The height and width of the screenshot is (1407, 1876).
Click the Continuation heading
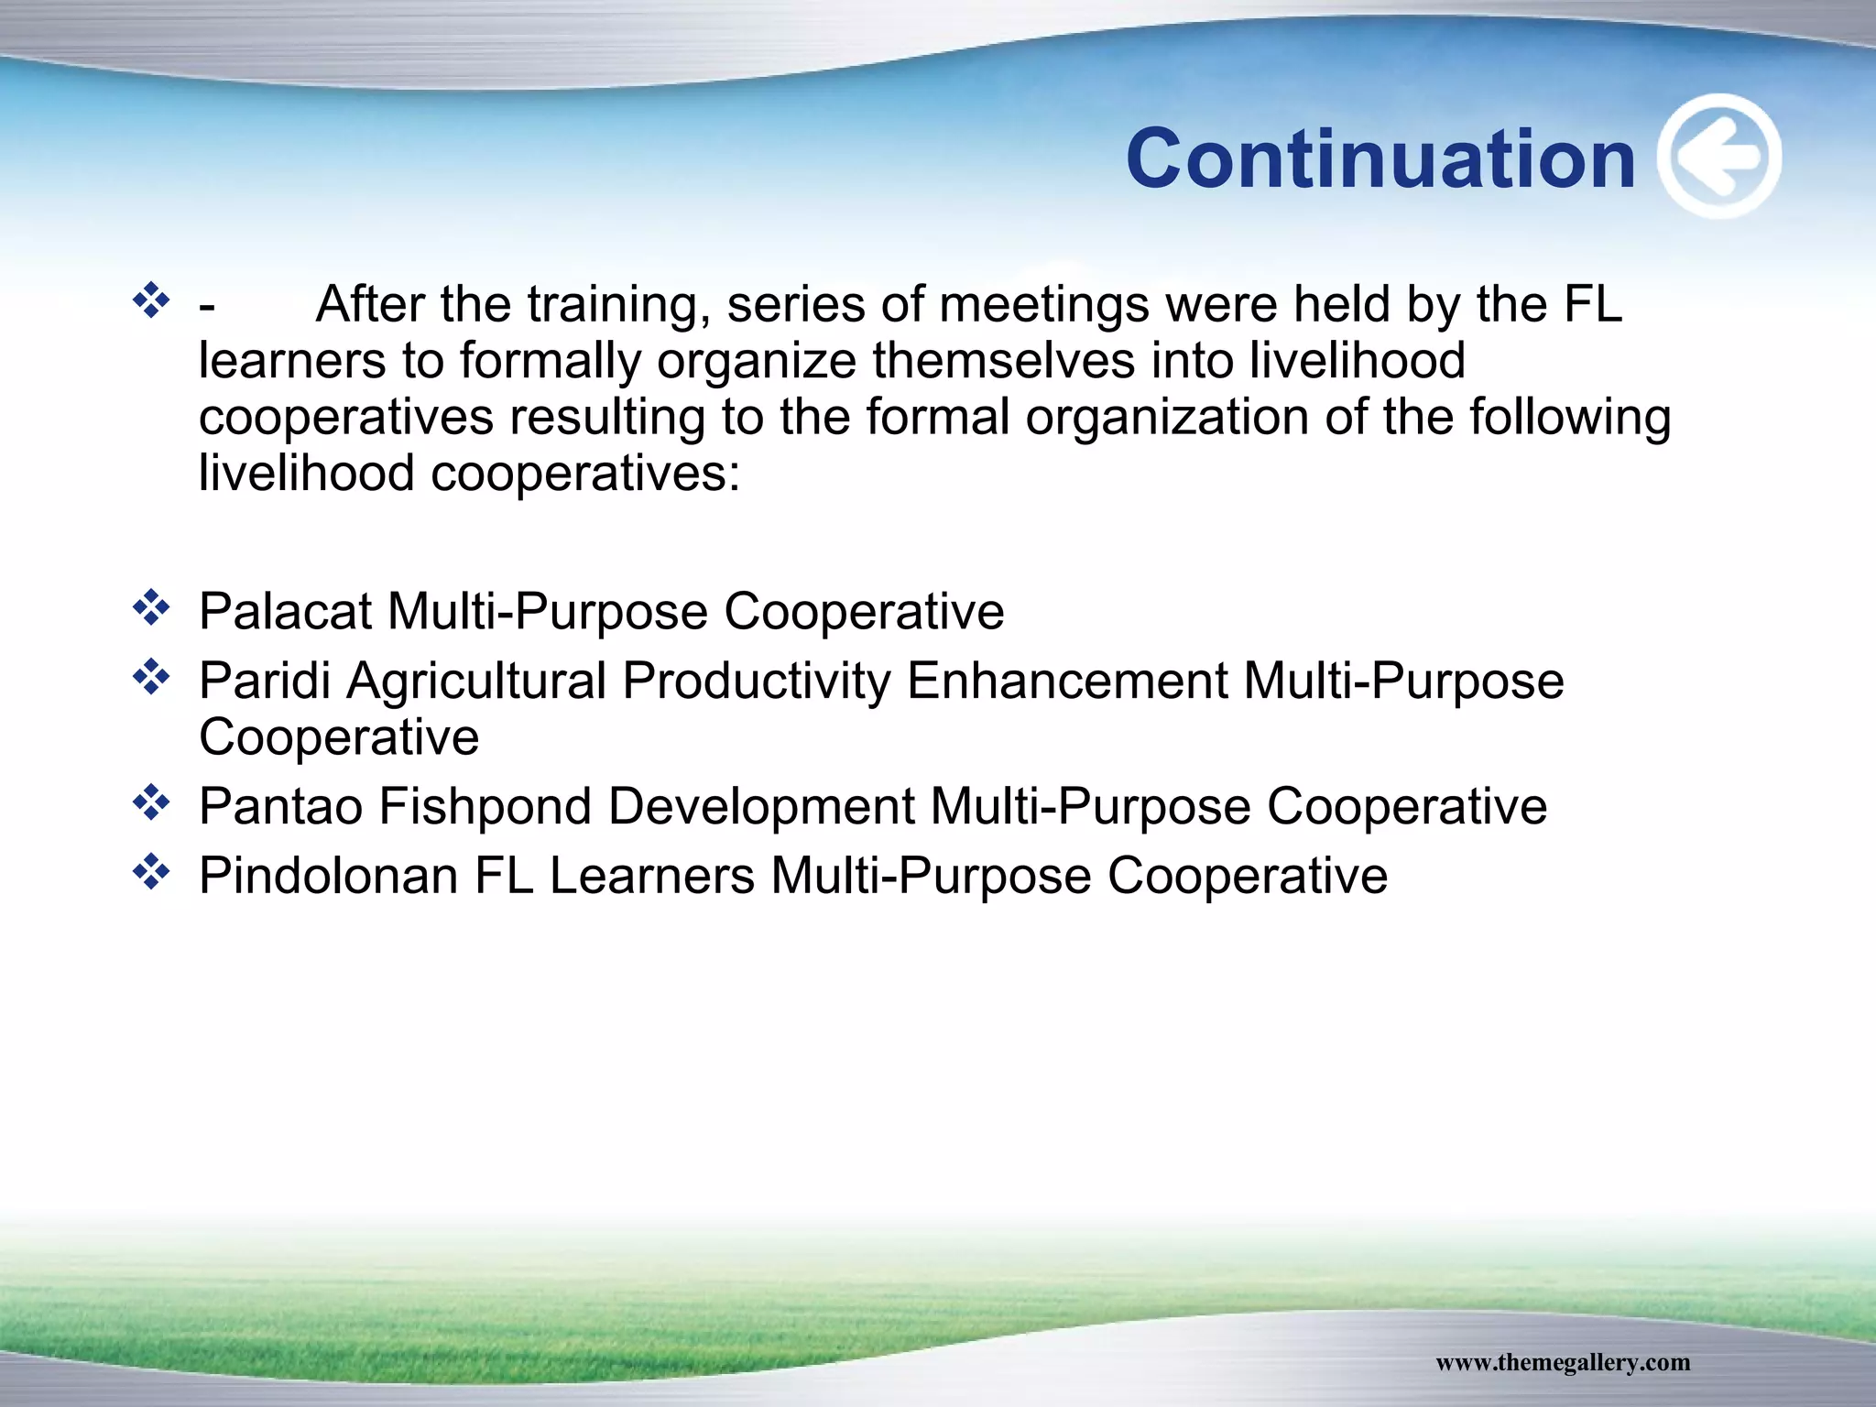point(1380,159)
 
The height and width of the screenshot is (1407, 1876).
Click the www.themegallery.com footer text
point(1562,1362)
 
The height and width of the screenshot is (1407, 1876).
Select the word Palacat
point(284,612)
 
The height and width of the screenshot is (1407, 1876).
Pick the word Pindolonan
point(328,876)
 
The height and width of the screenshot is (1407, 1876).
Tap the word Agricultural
point(476,682)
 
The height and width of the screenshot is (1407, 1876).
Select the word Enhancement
point(1066,682)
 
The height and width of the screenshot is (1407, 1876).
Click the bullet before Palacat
point(151,608)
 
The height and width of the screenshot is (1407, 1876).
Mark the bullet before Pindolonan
point(151,872)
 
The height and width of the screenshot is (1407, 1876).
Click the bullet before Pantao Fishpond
point(151,803)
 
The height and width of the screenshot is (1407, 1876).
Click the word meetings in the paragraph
point(1043,306)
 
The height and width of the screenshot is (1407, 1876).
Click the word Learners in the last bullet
point(651,876)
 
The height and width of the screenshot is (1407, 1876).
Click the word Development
point(760,807)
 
